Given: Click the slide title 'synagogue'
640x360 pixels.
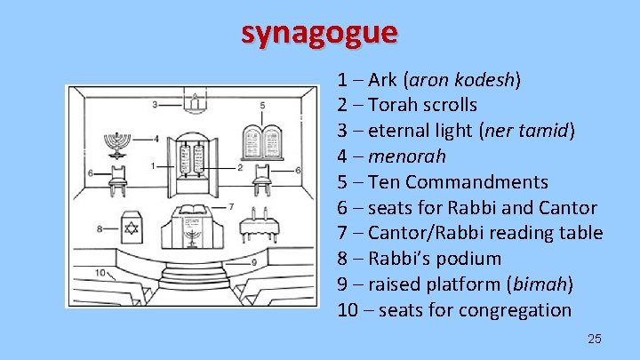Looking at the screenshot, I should (319, 33).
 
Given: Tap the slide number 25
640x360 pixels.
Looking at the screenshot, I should (595, 339).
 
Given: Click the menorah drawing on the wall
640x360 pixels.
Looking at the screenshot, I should (116, 141).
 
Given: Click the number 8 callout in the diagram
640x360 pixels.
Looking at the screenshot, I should (100, 228).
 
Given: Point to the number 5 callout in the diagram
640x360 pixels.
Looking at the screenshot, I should (262, 105).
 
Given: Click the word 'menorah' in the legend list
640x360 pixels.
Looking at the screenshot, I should (414, 156).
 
